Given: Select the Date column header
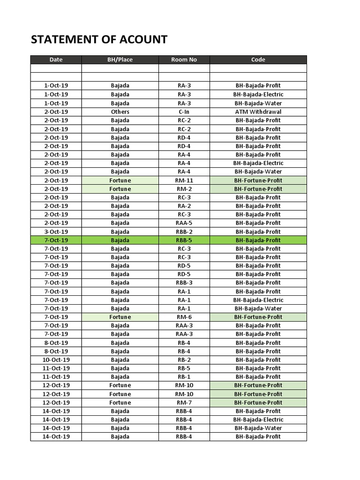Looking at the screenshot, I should (56, 60).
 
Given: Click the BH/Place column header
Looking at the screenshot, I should (120, 60).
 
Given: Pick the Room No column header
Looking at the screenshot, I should (184, 60).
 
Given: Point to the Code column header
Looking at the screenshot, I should (258, 60).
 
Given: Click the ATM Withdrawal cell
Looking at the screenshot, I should (258, 112).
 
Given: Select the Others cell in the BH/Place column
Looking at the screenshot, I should (120, 112).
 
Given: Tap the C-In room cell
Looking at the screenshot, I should (184, 112).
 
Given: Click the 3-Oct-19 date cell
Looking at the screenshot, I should (56, 232).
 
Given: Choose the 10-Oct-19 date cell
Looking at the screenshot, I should (56, 360).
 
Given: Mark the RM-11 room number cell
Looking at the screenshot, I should (184, 180).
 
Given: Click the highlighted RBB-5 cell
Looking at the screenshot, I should (184, 240).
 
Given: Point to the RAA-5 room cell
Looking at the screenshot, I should (184, 223).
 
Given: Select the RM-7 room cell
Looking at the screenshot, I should (184, 403).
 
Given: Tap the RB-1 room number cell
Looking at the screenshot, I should (184, 377).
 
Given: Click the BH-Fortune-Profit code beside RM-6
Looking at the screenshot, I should (258, 317).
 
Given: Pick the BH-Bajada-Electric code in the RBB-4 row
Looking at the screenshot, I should (258, 420).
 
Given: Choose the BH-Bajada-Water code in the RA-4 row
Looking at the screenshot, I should (258, 172).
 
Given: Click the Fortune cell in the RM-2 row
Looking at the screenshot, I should (120, 189).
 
